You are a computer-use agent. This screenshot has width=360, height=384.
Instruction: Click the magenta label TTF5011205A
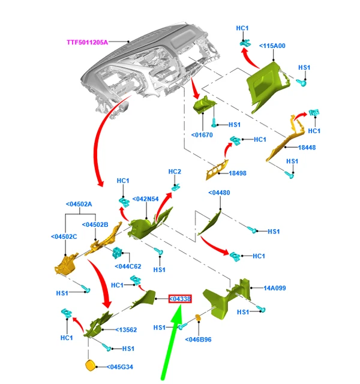tap(87, 43)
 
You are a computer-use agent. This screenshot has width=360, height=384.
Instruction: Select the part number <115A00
tap(272, 46)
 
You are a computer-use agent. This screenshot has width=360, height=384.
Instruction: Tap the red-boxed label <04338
tap(180, 298)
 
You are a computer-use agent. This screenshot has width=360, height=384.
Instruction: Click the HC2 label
tap(175, 172)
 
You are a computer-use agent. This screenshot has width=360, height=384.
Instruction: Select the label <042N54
tap(146, 199)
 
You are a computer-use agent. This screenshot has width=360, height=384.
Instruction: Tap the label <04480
tap(220, 193)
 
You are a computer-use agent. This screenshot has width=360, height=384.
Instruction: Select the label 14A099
tap(275, 288)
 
